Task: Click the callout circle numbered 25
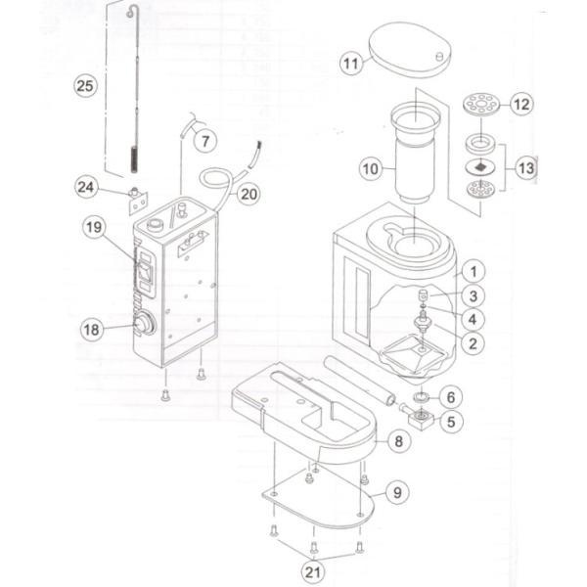pyautogui.click(x=85, y=85)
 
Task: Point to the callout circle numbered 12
pyautogui.click(x=520, y=103)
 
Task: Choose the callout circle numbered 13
pyautogui.click(x=526, y=167)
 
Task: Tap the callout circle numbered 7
pyautogui.click(x=204, y=142)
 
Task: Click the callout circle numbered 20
pyautogui.click(x=249, y=194)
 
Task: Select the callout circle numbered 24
pyautogui.click(x=87, y=186)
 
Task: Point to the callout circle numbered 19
pyautogui.click(x=93, y=227)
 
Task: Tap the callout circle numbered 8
pyautogui.click(x=398, y=441)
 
